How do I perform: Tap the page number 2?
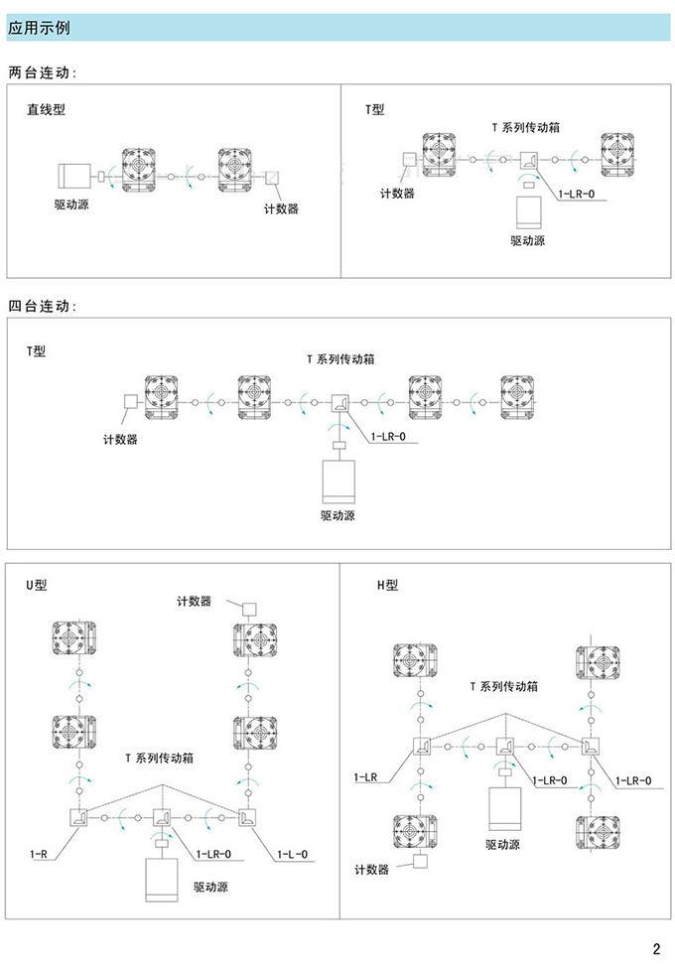[x=656, y=947]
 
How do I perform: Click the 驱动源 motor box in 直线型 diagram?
[x=72, y=177]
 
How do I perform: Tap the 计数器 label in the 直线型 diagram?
[x=281, y=209]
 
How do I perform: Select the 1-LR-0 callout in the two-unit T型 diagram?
[x=578, y=194]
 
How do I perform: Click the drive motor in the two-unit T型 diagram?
[x=528, y=212]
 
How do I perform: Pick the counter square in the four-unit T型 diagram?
[x=128, y=403]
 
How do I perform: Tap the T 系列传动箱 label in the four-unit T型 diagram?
[x=339, y=358]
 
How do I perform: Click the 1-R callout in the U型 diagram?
[x=39, y=853]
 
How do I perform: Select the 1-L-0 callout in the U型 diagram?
[x=292, y=853]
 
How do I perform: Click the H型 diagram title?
[x=387, y=585]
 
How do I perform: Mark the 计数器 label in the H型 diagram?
[x=371, y=870]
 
